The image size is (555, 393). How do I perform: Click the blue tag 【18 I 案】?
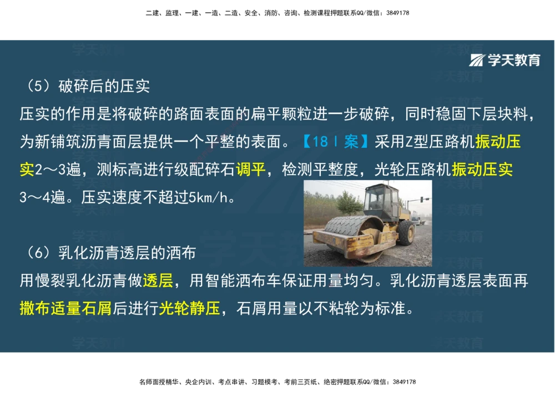[x=335, y=141]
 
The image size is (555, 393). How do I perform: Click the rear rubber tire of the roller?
[x=406, y=232]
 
